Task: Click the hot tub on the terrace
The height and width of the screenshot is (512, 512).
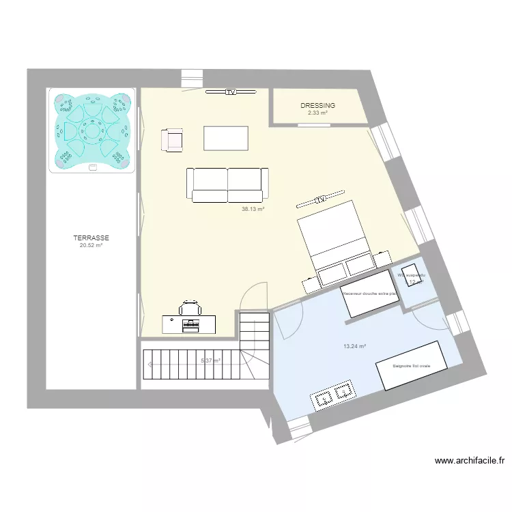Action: pyautogui.click(x=91, y=130)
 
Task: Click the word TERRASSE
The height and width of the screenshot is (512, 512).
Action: pyautogui.click(x=91, y=238)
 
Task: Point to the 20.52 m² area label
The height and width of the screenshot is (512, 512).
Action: pyautogui.click(x=91, y=245)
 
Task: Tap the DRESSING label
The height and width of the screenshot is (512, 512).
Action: pyautogui.click(x=318, y=106)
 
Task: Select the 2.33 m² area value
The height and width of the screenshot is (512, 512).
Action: pyautogui.click(x=318, y=113)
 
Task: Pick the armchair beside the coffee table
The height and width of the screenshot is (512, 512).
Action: pyautogui.click(x=173, y=140)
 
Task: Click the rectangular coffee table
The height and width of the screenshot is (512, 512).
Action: pyautogui.click(x=226, y=139)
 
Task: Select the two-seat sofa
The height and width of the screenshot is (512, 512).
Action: pyautogui.click(x=227, y=185)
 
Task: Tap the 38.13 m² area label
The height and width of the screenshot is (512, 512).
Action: pyautogui.click(x=253, y=210)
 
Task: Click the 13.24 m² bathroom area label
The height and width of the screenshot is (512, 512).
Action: pyautogui.click(x=355, y=346)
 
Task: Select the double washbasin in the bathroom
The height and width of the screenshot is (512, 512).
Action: pyautogui.click(x=335, y=395)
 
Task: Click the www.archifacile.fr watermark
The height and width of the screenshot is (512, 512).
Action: pyautogui.click(x=470, y=461)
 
